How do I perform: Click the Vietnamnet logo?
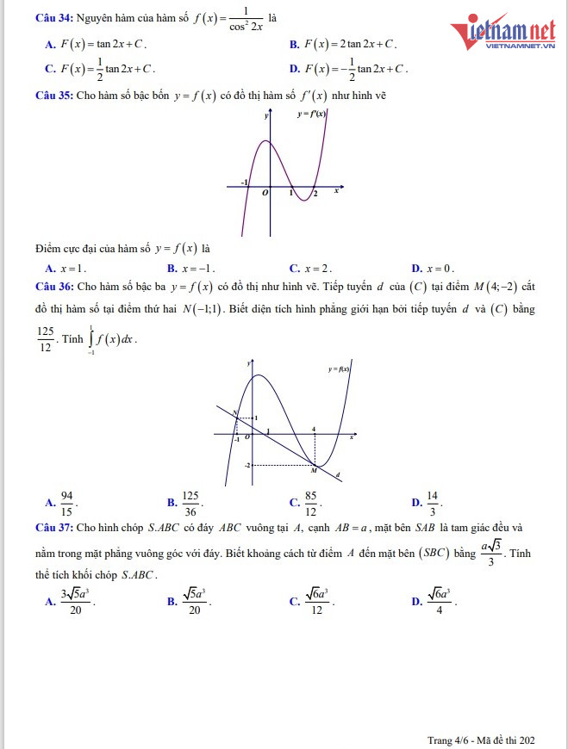point(503,33)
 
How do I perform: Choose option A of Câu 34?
point(96,43)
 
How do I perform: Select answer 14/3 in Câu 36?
point(432,502)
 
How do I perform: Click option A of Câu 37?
point(77,602)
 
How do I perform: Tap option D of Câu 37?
point(439,602)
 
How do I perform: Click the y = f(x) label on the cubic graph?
point(339,368)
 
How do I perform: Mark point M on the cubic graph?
point(314,471)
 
